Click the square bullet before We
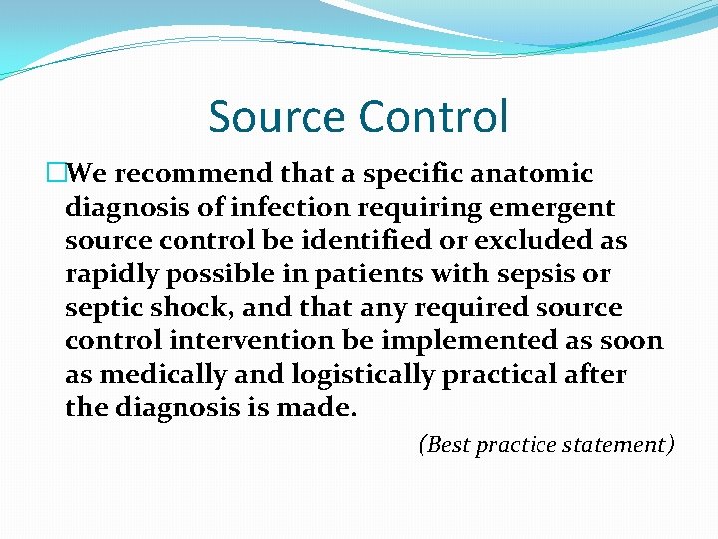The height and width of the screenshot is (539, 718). tap(56, 174)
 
